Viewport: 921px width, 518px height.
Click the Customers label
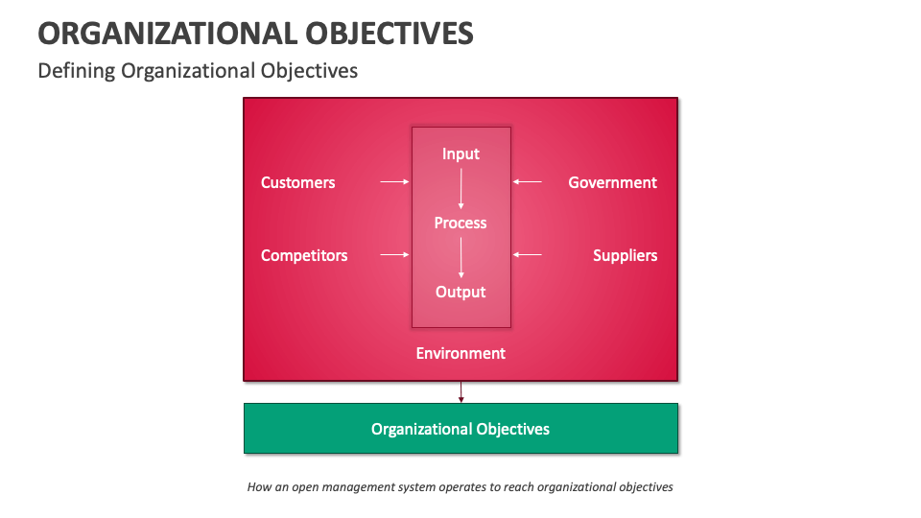297,182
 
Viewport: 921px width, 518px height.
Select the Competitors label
304,255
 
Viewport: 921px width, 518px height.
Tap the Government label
612,182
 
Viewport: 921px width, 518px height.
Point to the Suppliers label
625,255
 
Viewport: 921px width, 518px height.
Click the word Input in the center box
460,153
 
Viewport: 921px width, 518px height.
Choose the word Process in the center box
460,223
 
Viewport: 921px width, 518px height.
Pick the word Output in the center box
460,292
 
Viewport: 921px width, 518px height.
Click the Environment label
460,353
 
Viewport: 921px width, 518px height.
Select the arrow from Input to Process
461,188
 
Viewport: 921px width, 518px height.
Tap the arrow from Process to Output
461,257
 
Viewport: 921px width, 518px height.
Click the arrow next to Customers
394,181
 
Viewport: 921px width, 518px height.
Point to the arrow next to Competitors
394,254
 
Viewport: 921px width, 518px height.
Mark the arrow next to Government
528,181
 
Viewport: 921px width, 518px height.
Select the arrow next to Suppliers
528,254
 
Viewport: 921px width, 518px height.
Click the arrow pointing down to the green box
461,391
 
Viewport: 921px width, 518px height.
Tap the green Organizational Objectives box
460,428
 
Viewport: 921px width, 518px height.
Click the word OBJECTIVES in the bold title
391,34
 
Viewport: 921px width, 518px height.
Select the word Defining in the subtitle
77,71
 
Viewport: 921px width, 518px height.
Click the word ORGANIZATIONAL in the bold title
168,34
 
